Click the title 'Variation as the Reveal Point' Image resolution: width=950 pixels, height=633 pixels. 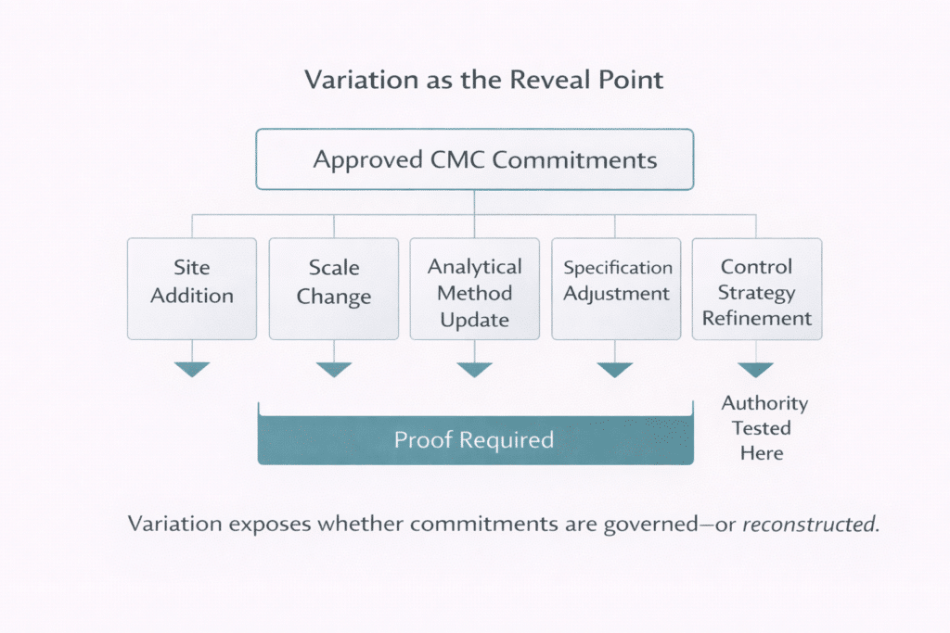click(484, 80)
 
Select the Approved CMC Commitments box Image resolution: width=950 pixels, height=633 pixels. click(474, 159)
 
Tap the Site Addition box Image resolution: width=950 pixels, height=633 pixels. click(192, 288)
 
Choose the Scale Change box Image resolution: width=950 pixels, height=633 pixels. click(333, 288)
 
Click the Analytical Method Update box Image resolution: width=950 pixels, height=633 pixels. click(474, 288)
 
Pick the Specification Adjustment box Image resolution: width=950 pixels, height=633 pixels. click(616, 288)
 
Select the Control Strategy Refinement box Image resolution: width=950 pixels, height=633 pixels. click(756, 288)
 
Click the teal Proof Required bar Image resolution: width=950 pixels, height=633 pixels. click(474, 439)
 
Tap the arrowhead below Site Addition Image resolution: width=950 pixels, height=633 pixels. click(192, 369)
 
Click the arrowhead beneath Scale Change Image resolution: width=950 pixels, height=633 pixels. click(333, 369)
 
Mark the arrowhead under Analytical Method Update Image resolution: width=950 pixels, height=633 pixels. click(474, 369)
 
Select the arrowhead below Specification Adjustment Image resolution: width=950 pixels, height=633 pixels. click(615, 369)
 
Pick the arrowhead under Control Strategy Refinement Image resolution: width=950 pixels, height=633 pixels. click(756, 369)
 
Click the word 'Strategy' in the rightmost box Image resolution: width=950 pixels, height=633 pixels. click(757, 293)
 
